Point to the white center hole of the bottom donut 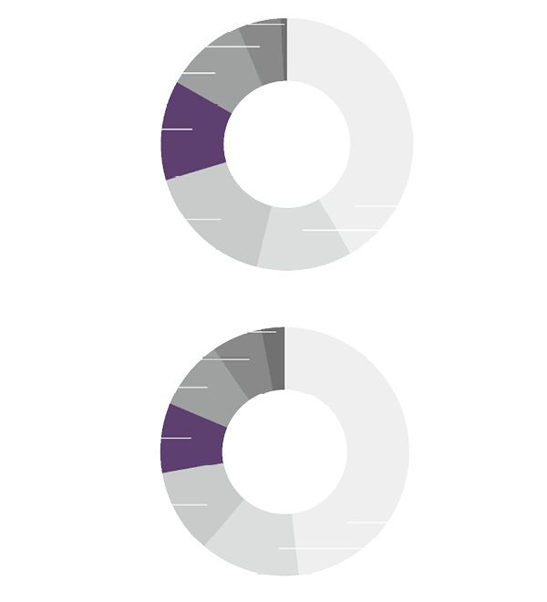[x=284, y=451]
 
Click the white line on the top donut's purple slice [x=177, y=130]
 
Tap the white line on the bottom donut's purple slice [x=176, y=438]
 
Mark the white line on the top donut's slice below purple [x=204, y=219]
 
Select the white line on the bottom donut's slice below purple [x=191, y=504]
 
